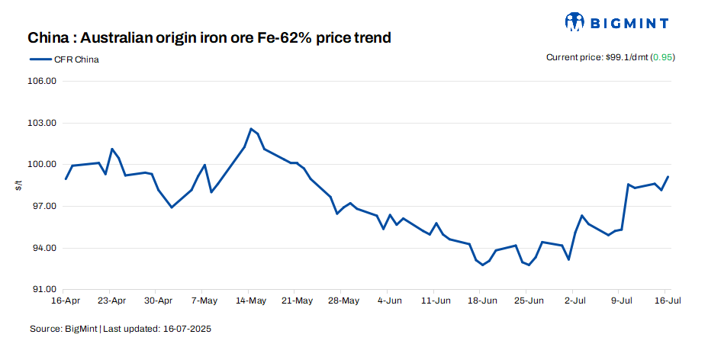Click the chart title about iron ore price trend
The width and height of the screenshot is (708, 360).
pos(209,37)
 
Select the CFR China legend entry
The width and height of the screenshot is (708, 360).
pos(65,59)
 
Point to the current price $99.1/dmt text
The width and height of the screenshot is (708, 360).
pos(596,58)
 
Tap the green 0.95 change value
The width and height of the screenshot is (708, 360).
pos(662,58)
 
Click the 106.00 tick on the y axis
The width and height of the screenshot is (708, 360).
pos(43,81)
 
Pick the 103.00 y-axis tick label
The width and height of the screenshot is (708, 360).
pos(43,123)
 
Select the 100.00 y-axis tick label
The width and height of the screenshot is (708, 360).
pos(43,165)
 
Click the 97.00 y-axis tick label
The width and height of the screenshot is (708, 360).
pos(43,207)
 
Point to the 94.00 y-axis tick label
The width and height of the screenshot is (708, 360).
pos(43,248)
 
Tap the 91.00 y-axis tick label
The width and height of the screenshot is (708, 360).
pos(43,290)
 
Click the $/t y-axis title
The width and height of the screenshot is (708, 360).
pos(18,185)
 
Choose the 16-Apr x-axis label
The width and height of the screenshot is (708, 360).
pos(66,301)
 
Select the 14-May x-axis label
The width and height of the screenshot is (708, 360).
pos(250,301)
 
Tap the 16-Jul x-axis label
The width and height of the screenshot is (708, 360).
pos(666,301)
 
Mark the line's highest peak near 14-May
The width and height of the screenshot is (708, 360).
pos(251,129)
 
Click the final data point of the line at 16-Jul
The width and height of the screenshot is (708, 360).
pos(668,177)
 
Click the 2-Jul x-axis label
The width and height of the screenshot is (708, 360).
pos(574,301)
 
